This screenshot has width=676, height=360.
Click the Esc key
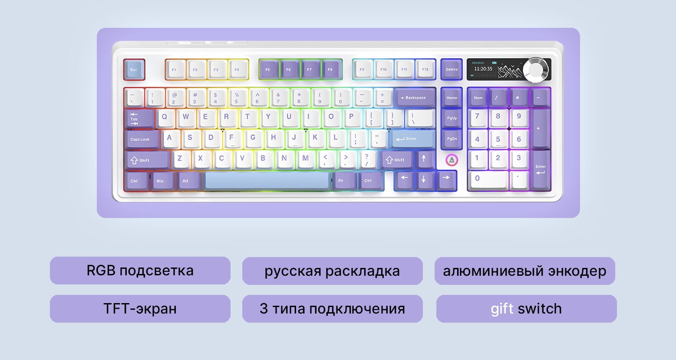[x=134, y=69]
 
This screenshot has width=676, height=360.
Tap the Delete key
[x=452, y=69]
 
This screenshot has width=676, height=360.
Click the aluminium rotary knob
[x=536, y=70]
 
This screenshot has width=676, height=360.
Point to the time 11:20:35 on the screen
[x=483, y=69]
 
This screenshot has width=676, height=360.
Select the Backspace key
[x=415, y=97]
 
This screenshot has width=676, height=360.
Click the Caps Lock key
[x=141, y=139]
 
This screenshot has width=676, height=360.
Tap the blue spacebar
[x=267, y=181]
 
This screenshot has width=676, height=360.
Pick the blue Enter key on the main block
[x=412, y=139]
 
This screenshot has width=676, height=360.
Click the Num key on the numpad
[x=478, y=97]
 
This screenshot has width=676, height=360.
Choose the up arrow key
[x=424, y=159]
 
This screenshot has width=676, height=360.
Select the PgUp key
[x=452, y=118]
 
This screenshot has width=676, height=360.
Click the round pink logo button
[x=452, y=160]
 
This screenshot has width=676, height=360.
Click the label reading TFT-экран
[x=140, y=309]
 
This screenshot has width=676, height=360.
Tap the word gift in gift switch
[x=502, y=309]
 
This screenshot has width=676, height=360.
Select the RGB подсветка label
[x=140, y=271]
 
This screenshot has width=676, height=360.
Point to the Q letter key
[x=165, y=117]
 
